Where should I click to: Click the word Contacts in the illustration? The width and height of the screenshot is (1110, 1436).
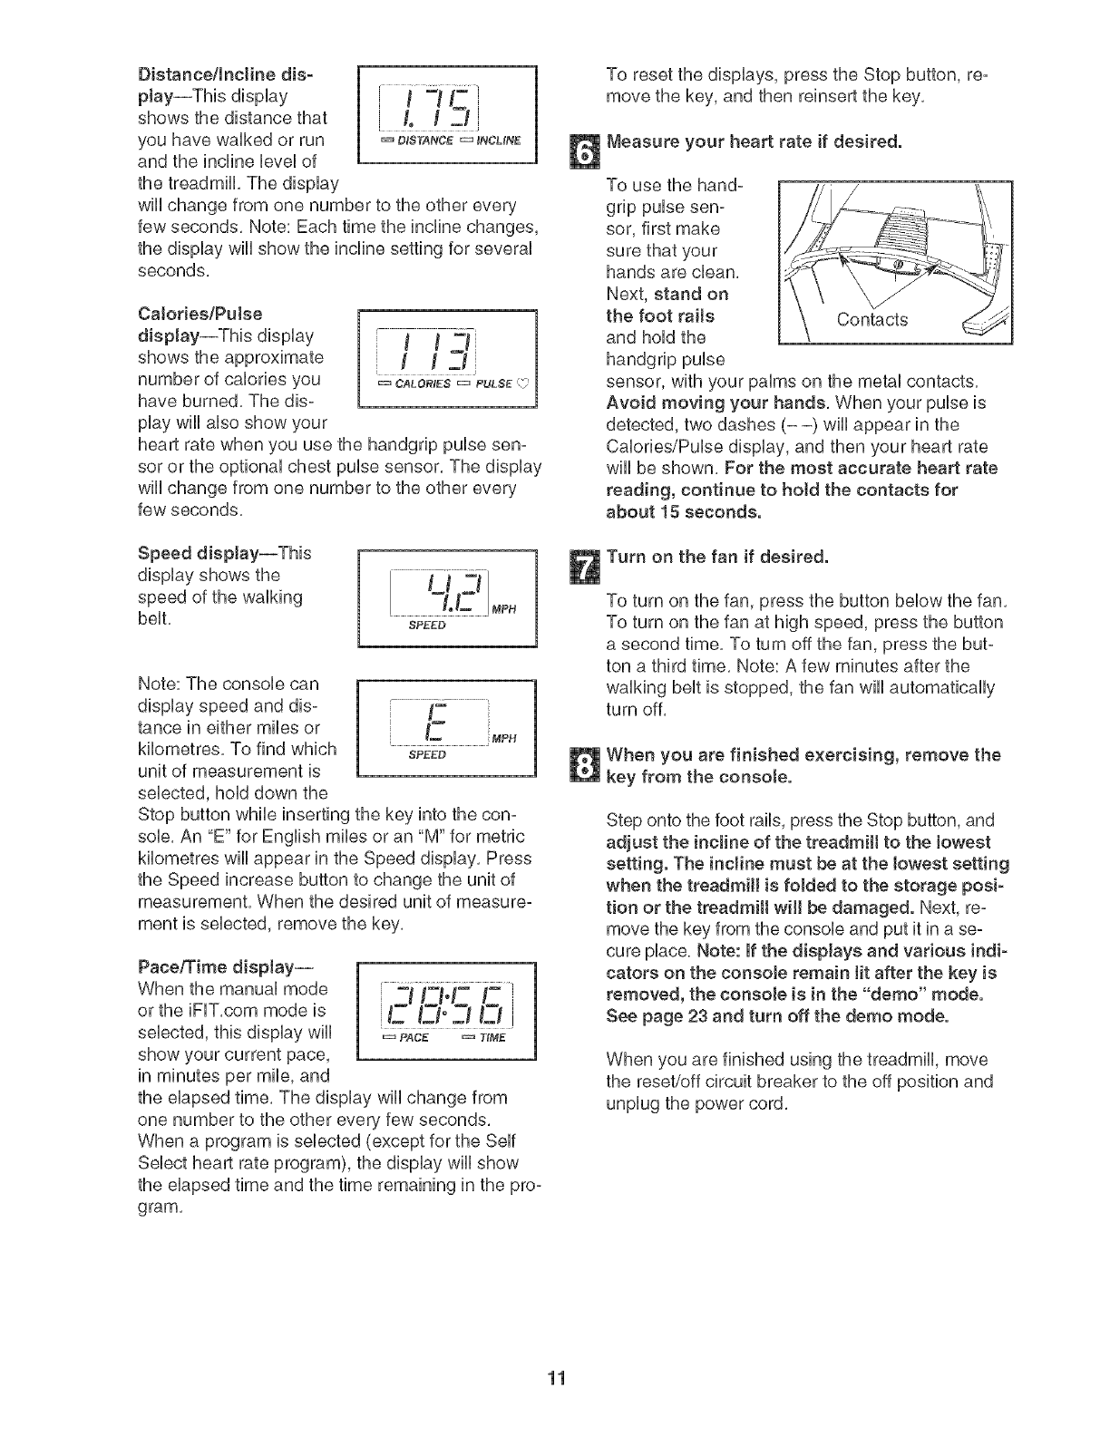872,319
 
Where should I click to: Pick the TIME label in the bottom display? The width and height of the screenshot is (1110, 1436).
491,1038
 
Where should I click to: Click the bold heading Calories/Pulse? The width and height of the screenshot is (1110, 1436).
199,314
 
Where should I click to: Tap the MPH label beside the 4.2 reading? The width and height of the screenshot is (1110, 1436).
505,608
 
